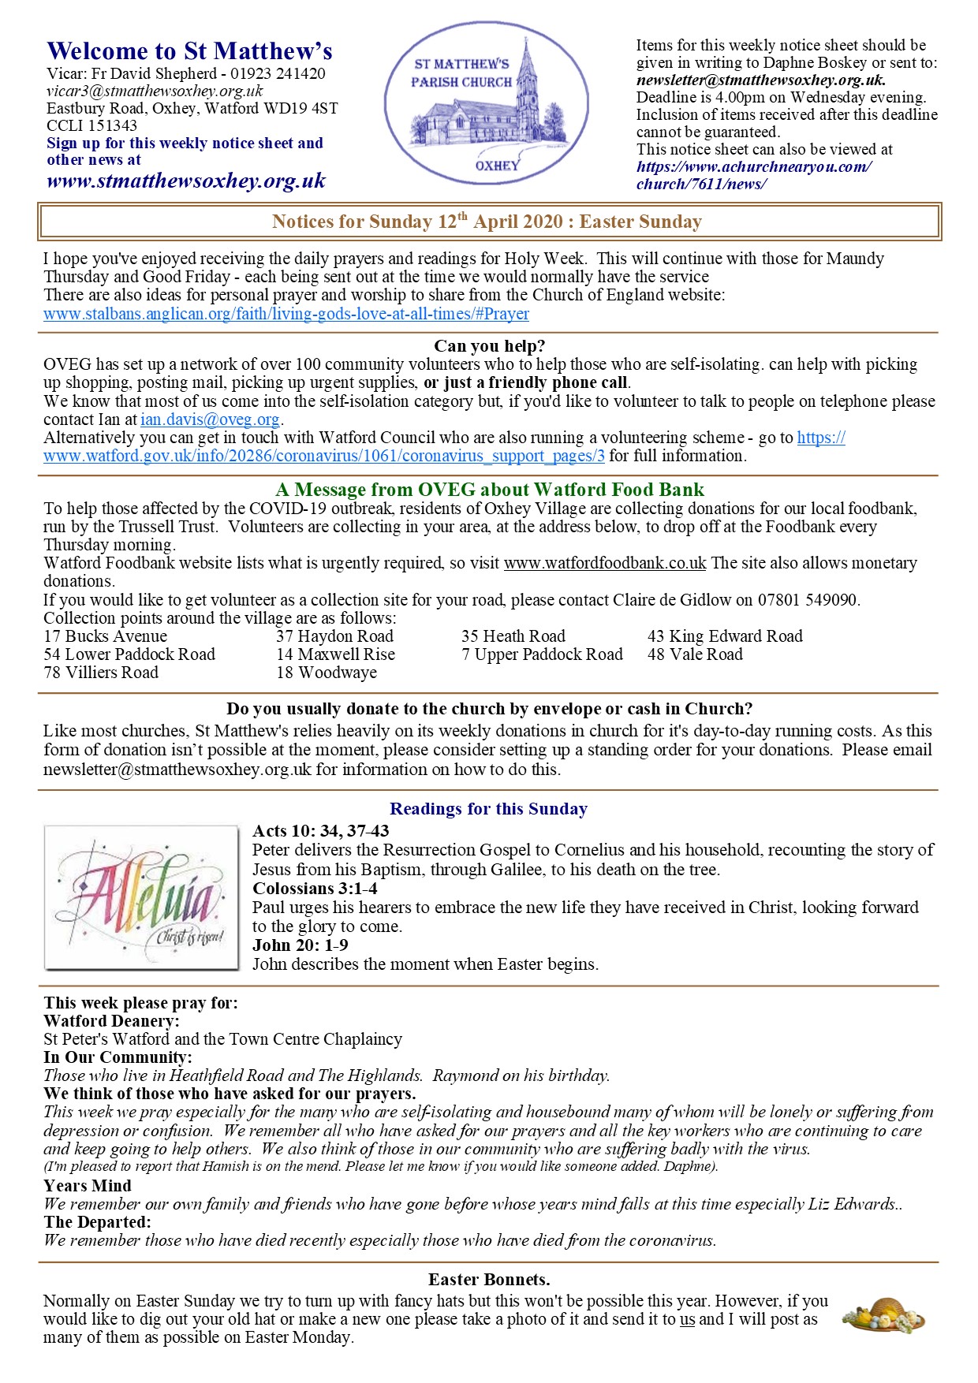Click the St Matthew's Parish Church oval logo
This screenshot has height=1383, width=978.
[x=487, y=103]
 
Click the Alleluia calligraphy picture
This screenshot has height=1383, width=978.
[x=142, y=897]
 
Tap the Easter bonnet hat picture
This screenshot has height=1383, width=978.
[x=883, y=1314]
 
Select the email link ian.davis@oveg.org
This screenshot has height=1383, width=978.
[x=211, y=419]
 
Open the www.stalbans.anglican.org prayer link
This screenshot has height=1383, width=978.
[x=286, y=314]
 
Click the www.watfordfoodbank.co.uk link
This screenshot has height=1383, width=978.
[x=605, y=563]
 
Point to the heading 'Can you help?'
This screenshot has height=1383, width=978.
[x=489, y=346]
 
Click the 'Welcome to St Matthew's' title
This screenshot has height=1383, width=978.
[x=189, y=51]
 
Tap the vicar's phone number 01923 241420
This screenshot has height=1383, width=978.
[x=278, y=74]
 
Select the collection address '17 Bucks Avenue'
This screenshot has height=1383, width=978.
[x=106, y=636]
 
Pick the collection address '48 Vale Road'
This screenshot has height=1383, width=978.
[x=695, y=654]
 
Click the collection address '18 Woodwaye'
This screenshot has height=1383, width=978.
[x=327, y=673]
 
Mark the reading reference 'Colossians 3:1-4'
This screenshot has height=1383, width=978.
[x=315, y=889]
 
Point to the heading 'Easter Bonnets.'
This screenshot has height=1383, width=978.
[x=489, y=1279]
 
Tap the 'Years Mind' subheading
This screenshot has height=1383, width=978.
[x=88, y=1186]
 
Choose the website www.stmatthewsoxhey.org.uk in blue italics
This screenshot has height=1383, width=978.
[x=186, y=181]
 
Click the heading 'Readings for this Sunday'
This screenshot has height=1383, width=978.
[x=489, y=809]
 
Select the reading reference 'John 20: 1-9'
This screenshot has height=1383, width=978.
[x=300, y=945]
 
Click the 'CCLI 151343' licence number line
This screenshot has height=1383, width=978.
[x=91, y=125]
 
